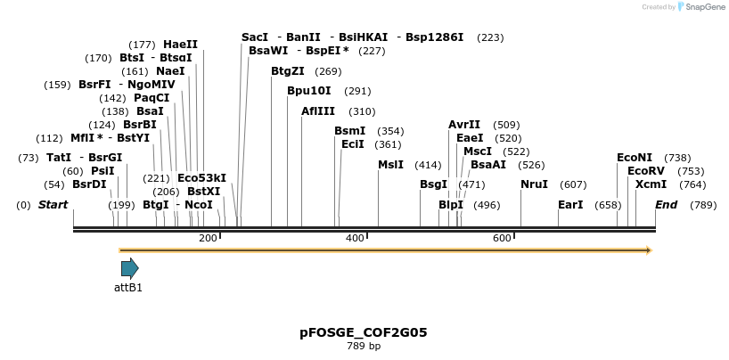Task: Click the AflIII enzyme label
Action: tap(318, 111)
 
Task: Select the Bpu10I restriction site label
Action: tap(308, 91)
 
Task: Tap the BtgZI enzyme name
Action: tap(288, 71)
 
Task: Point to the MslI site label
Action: tap(390, 165)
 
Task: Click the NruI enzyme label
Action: tap(534, 184)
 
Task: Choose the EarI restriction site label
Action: tap(570, 205)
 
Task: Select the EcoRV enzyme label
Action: tap(646, 171)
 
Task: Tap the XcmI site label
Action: tap(651, 184)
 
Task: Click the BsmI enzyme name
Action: tap(350, 131)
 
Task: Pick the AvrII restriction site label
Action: tap(464, 125)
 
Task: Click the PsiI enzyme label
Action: tap(102, 171)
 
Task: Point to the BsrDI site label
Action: tap(89, 184)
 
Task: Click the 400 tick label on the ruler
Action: tap(355, 238)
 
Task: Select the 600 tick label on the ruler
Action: tap(502, 238)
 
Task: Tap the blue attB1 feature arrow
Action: tap(129, 268)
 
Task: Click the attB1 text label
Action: tap(128, 288)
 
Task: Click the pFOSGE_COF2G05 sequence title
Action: tap(364, 332)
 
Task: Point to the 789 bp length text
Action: tap(364, 346)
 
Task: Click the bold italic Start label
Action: tap(53, 205)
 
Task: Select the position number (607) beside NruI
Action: tap(573, 184)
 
